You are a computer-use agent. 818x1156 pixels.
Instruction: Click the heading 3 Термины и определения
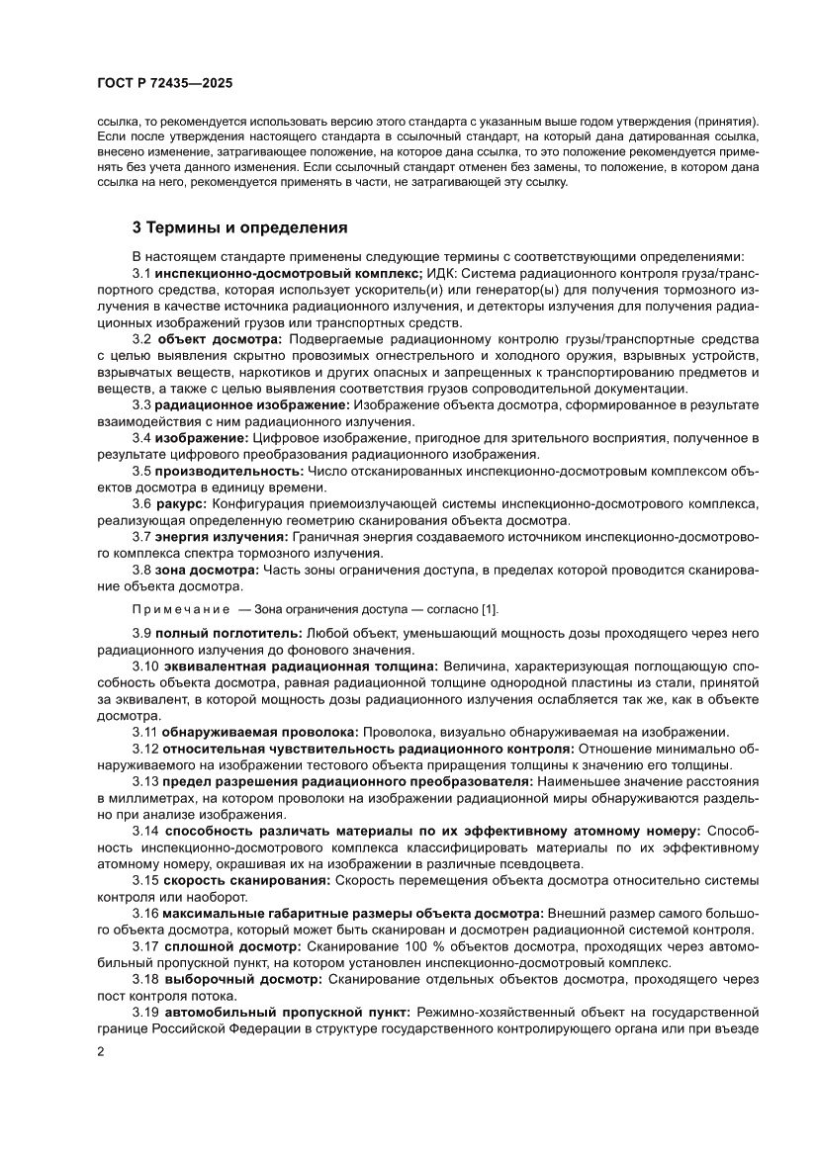click(x=240, y=227)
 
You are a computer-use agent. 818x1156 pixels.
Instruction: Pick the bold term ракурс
click(x=181, y=504)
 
